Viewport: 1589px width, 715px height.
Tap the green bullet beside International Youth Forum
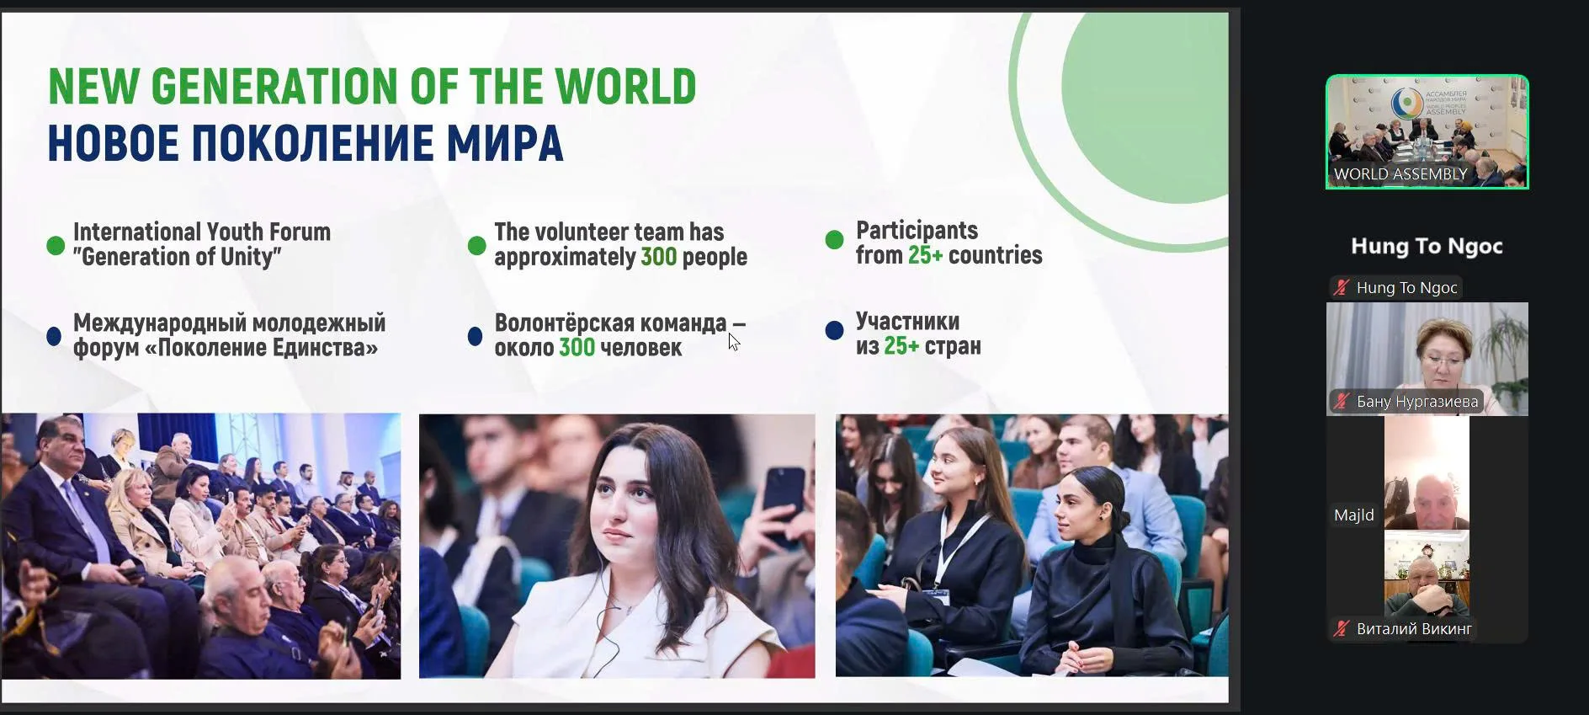[56, 245]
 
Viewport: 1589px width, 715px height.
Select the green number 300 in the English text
[659, 257]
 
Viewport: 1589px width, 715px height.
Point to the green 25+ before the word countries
[925, 255]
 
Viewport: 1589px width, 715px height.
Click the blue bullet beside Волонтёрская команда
[475, 336]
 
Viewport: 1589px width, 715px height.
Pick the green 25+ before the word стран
[901, 346]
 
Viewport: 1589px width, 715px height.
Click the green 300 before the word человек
[577, 348]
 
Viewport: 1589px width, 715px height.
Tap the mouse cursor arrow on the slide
[734, 342]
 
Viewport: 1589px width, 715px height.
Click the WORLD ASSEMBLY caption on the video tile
[1400, 174]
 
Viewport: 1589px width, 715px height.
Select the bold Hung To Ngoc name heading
[1427, 246]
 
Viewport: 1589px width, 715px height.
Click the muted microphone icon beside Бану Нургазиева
[1342, 401]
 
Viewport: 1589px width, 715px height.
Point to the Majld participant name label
[1353, 515]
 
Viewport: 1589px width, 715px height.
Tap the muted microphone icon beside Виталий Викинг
[1342, 628]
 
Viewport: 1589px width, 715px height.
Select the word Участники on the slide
[907, 322]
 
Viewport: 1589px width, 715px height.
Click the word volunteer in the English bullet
[586, 232]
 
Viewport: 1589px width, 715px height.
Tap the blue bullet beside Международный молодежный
[54, 336]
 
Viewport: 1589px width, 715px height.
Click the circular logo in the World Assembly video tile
[1406, 103]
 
